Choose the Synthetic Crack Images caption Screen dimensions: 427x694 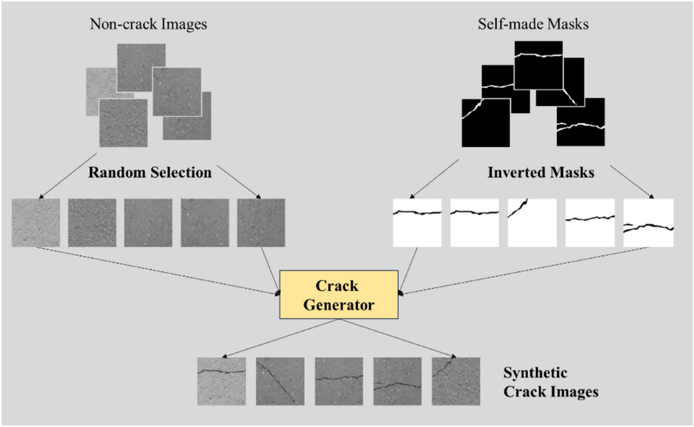pyautogui.click(x=550, y=381)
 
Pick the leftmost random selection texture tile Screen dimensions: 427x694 pyautogui.click(x=35, y=222)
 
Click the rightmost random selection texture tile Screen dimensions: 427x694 pyautogui.click(x=261, y=222)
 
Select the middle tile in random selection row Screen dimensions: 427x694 pyautogui.click(x=148, y=222)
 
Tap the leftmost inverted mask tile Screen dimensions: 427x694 pyautogui.click(x=417, y=222)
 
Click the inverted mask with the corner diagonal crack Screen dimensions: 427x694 pyautogui.click(x=531, y=222)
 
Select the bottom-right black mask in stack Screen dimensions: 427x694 pyautogui.click(x=580, y=124)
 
